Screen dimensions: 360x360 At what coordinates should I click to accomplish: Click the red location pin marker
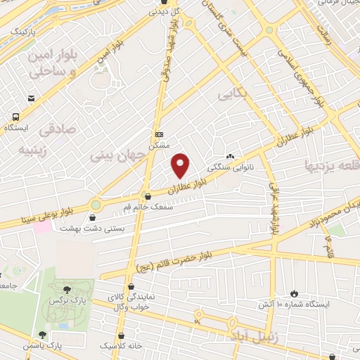coord(181,166)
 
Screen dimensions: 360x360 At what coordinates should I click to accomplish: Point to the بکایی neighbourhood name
coord(233,94)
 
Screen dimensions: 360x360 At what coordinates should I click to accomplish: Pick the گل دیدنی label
coord(167,12)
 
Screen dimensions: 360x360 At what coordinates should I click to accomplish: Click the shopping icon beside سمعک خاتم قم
coord(146,196)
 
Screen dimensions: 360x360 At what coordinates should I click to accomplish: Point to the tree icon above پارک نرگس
coord(67,288)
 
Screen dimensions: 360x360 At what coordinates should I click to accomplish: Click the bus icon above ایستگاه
coord(15,117)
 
